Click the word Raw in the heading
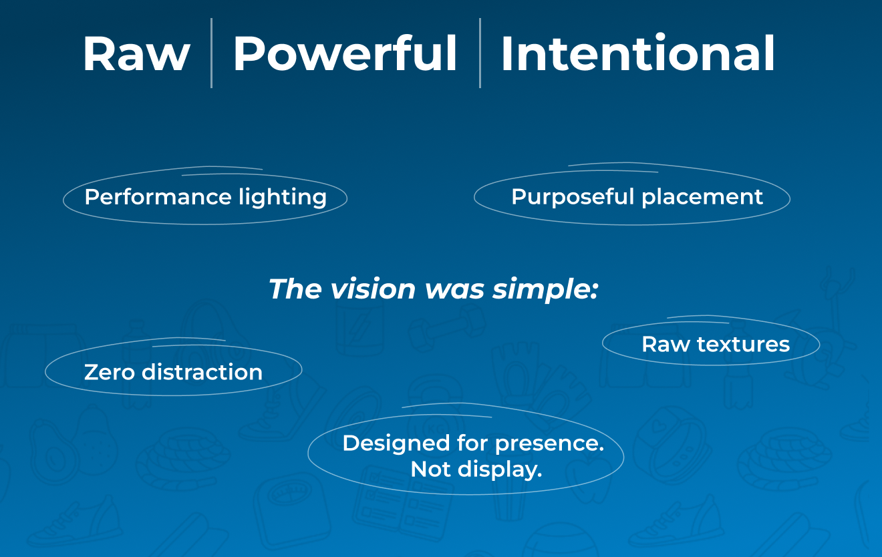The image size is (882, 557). tap(136, 53)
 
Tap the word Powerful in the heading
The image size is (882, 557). tap(345, 53)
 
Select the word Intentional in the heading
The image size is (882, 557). tap(637, 53)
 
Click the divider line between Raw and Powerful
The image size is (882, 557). tap(211, 53)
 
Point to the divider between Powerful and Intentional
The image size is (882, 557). tap(480, 53)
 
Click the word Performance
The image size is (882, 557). tap(158, 197)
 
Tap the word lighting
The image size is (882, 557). tap(283, 198)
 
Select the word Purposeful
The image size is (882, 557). tap(573, 197)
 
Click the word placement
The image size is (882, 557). tap(702, 197)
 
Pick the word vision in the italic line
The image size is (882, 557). tap(372, 289)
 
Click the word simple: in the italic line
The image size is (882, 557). tap(545, 290)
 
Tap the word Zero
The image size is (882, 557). tap(109, 373)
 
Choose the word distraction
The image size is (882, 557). tap(202, 372)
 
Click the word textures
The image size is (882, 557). tap(744, 345)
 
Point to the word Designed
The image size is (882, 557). tap(396, 443)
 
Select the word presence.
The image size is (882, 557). tap(549, 444)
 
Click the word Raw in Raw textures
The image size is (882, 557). tap(666, 345)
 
